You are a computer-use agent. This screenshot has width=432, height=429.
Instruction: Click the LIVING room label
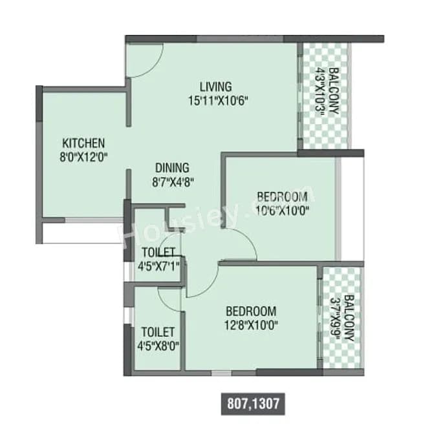click(x=215, y=87)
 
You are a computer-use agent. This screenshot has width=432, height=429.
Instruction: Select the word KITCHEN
click(x=83, y=143)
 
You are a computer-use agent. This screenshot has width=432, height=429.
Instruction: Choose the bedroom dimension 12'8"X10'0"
click(x=251, y=324)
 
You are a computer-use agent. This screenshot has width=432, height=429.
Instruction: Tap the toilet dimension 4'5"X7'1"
click(x=158, y=264)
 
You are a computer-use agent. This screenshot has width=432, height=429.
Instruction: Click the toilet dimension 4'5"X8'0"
click(x=158, y=345)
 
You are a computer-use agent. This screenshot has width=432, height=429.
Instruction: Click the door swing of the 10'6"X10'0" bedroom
click(x=244, y=246)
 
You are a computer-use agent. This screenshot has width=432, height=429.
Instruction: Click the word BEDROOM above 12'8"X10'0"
click(x=251, y=311)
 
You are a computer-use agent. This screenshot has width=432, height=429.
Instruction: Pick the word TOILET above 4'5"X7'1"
click(x=158, y=251)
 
